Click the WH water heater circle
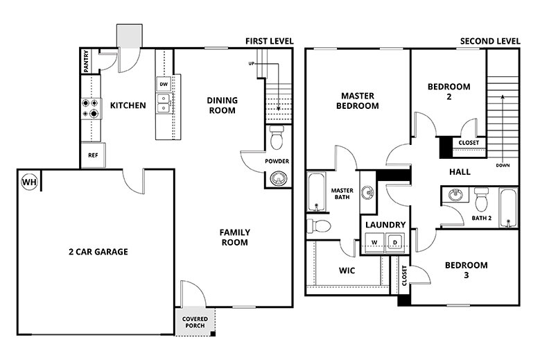click(29, 182)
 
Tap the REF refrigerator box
click(92, 155)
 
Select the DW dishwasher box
click(164, 85)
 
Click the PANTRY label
click(86, 61)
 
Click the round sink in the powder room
click(277, 180)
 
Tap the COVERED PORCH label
click(195, 323)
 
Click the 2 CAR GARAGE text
click(98, 252)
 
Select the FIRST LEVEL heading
click(269, 42)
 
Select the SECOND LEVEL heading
click(490, 42)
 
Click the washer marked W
click(374, 242)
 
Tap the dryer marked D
click(394, 242)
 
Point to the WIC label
click(347, 271)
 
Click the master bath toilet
click(320, 225)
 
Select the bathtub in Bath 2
click(508, 207)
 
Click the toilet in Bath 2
click(482, 199)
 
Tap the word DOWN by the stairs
click(503, 166)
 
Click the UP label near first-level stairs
click(254, 65)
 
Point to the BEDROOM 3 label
click(466, 271)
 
